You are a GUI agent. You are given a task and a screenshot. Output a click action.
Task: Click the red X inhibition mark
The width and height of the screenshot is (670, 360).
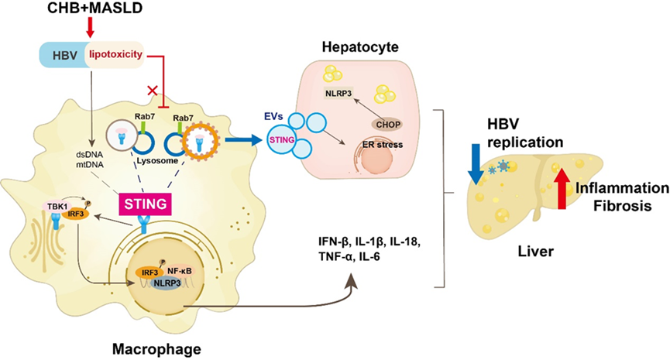click(x=154, y=90)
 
